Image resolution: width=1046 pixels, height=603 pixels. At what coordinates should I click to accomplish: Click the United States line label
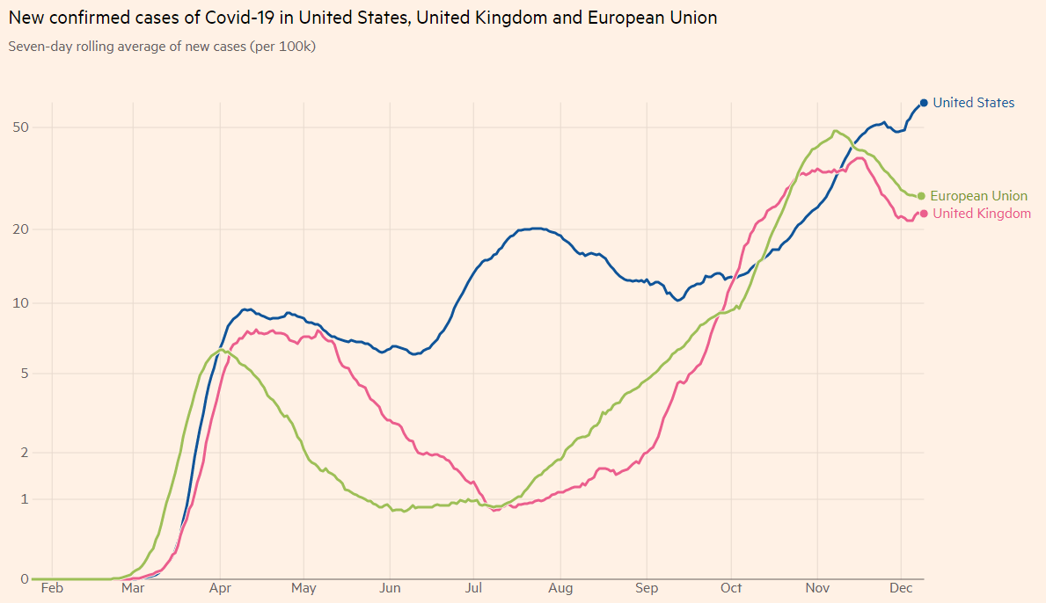973,103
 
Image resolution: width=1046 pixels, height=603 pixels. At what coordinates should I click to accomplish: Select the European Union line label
978,196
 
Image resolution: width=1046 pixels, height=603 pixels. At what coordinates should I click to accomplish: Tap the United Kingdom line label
982,214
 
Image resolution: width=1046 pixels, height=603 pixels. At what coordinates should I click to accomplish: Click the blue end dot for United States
924,103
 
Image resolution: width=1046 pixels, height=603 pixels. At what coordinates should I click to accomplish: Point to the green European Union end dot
921,196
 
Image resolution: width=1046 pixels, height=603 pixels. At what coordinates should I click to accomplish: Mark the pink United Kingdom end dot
924,214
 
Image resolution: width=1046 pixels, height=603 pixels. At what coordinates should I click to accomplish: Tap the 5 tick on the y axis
25,374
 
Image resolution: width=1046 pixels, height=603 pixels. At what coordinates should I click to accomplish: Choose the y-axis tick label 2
25,453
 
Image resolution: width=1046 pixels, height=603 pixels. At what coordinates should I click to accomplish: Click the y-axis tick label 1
25,499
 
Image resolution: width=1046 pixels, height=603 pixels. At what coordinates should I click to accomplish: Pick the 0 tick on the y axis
25,578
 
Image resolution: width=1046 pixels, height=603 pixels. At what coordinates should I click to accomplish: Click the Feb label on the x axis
53,588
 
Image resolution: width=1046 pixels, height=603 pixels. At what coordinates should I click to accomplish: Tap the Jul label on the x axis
473,588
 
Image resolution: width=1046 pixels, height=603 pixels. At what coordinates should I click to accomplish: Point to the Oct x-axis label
731,588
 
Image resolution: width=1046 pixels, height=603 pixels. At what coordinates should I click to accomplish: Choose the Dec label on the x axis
901,588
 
